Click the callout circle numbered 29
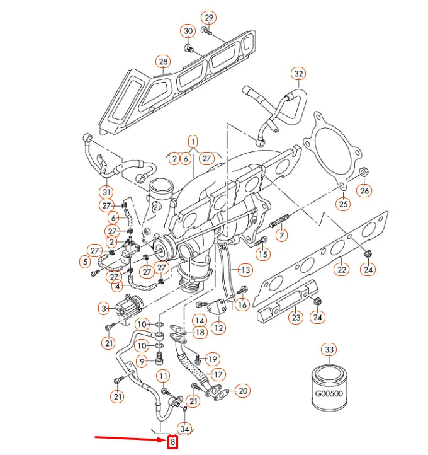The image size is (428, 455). tap(208, 17)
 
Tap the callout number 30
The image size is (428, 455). tap(188, 31)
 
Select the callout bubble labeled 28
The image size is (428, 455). tap(164, 62)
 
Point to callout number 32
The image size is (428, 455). tap(298, 74)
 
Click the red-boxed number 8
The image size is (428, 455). tap(172, 442)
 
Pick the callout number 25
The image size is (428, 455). tap(343, 204)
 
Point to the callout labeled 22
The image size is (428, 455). tap(341, 269)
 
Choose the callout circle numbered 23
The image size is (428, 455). tap(296, 318)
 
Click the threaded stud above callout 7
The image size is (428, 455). tap(279, 222)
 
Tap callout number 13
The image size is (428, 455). tap(244, 270)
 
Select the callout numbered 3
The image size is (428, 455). tap(103, 309)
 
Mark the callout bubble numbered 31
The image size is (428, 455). tap(106, 192)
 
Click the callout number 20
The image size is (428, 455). tap(242, 391)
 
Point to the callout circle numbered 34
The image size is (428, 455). tap(184, 429)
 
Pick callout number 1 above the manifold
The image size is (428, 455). tap(193, 142)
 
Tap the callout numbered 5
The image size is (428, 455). tap(85, 262)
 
